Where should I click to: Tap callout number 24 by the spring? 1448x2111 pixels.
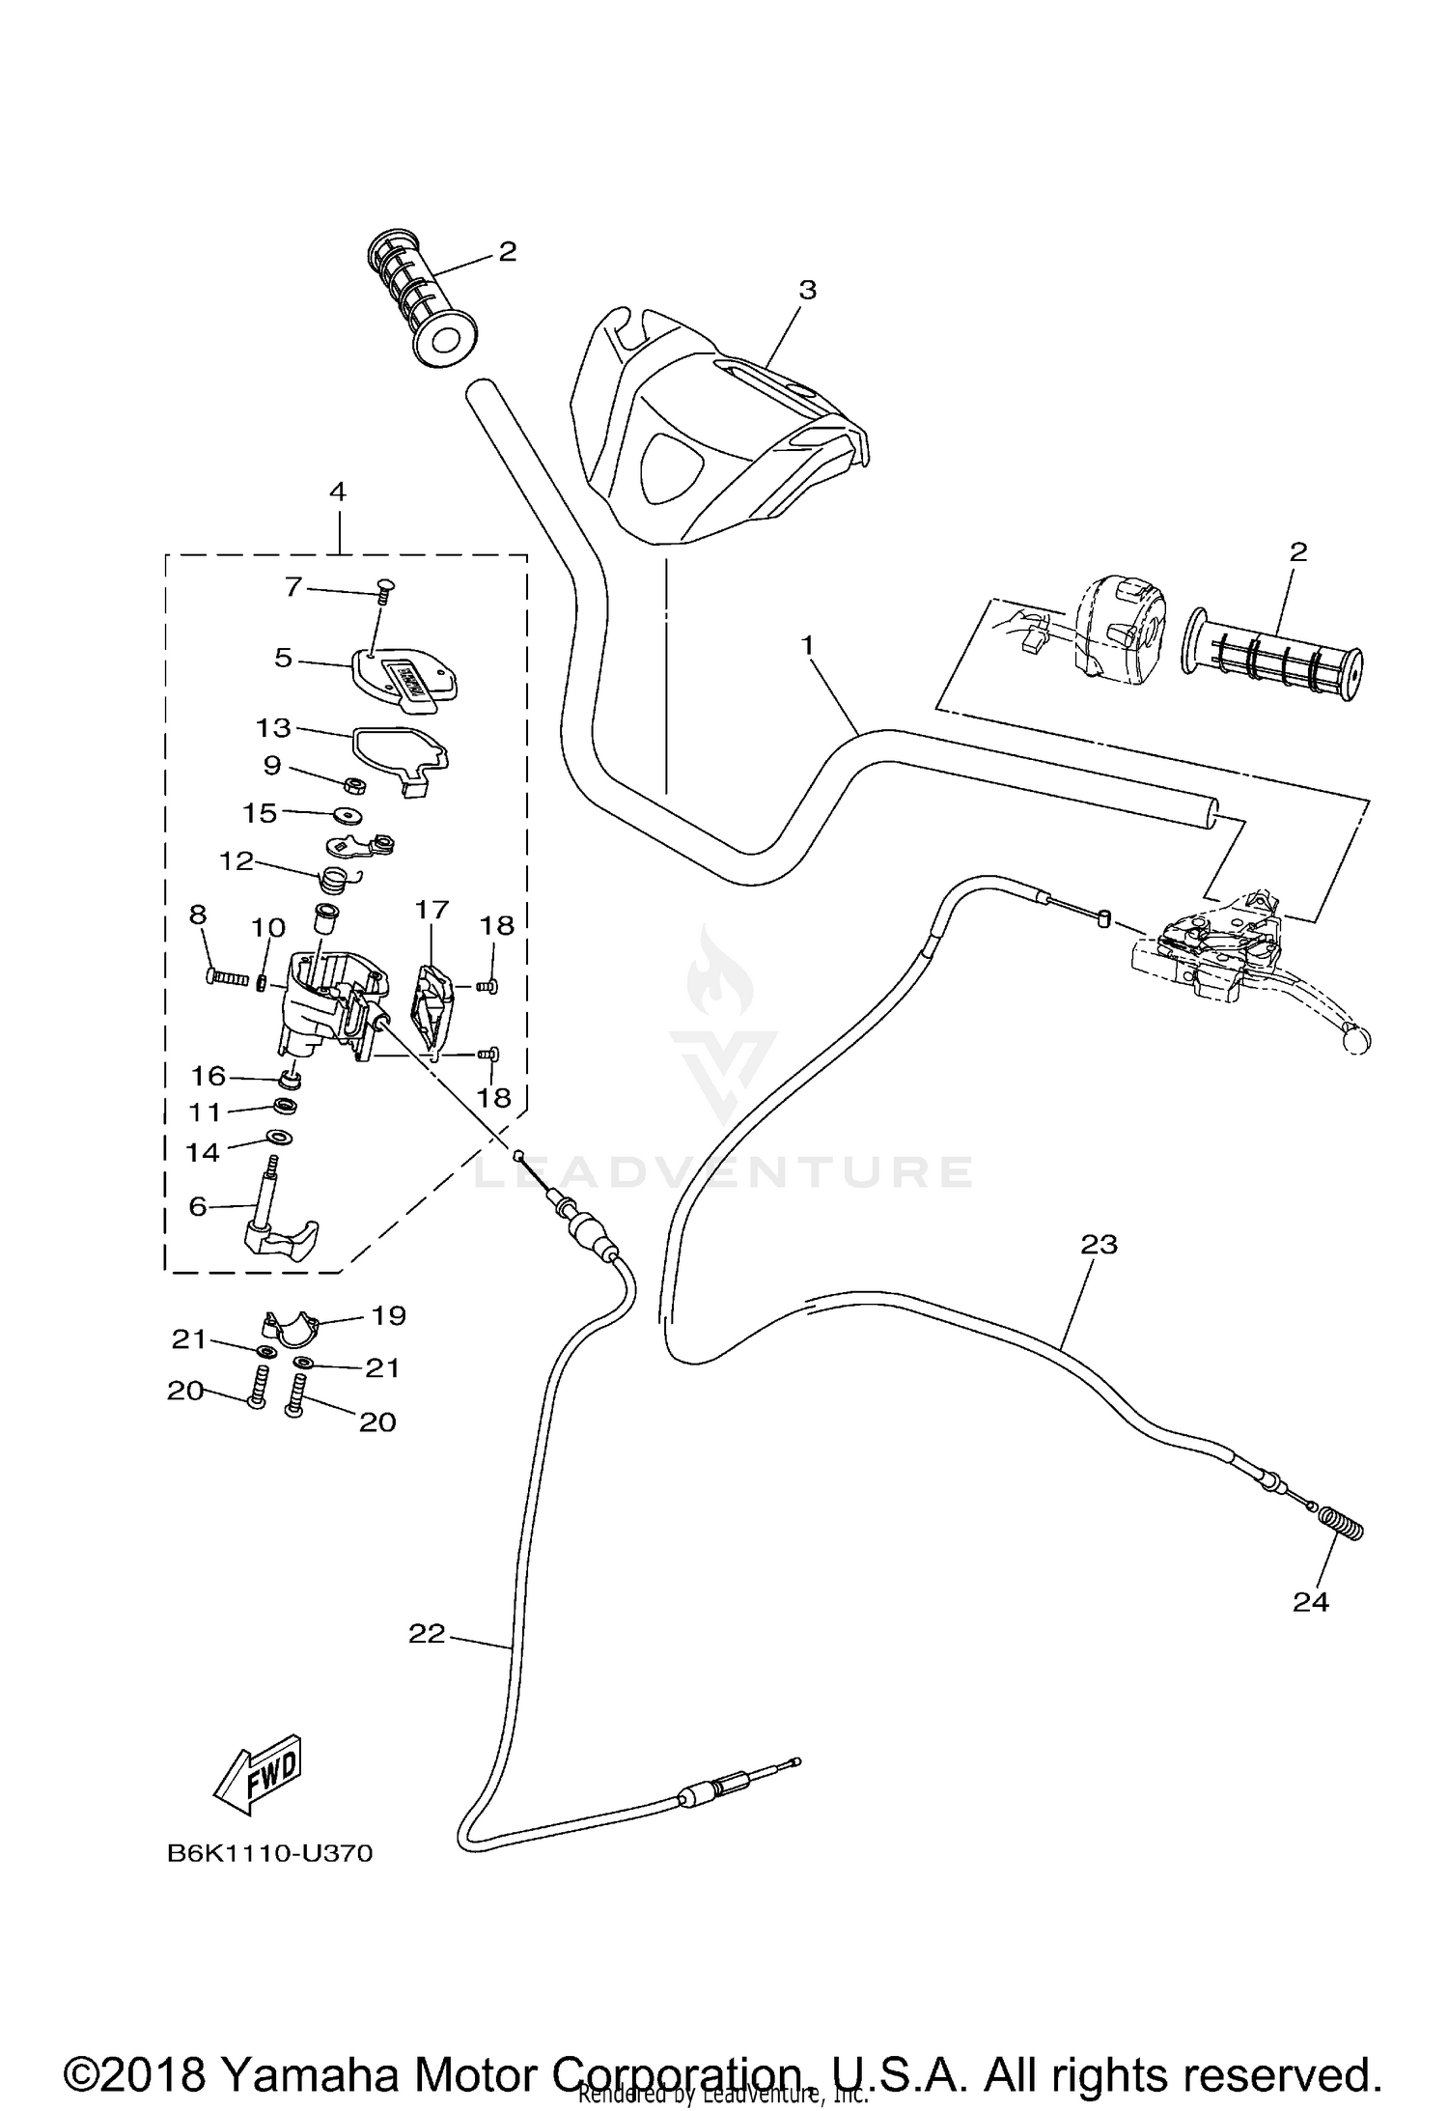(x=1311, y=1602)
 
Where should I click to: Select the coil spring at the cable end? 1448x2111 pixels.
(x=1341, y=1526)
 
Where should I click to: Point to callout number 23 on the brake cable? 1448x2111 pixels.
(x=1099, y=1245)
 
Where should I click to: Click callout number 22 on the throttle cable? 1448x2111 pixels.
(x=427, y=1634)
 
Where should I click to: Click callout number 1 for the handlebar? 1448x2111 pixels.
(x=807, y=643)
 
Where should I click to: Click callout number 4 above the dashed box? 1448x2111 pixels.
(x=337, y=492)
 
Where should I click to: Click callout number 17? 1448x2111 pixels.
(x=432, y=909)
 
